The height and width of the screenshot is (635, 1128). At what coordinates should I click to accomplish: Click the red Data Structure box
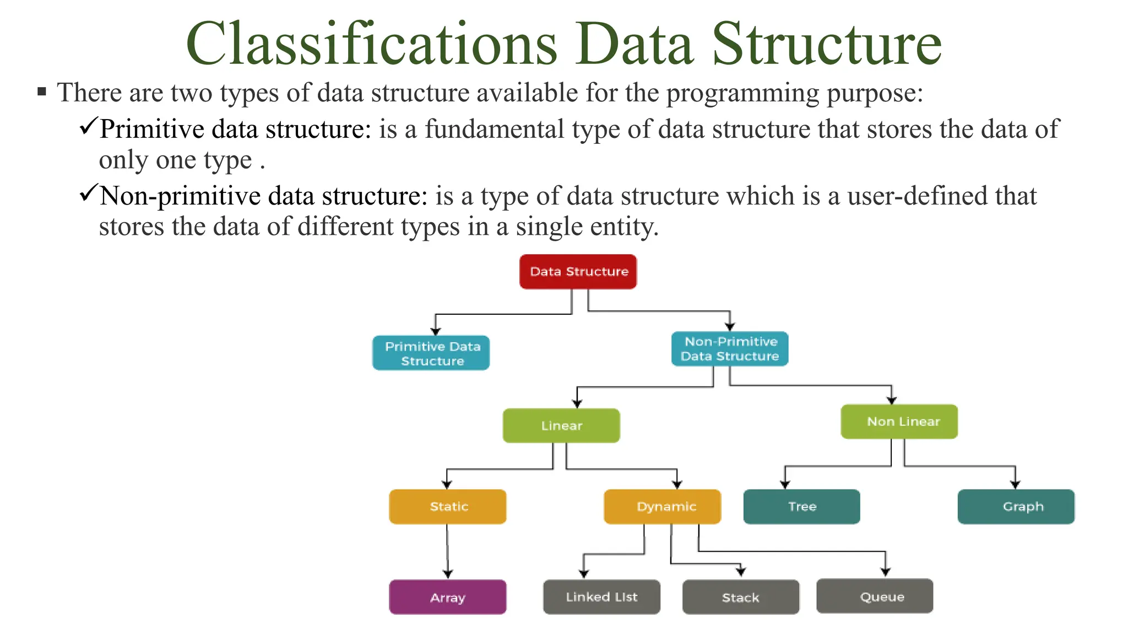[578, 272]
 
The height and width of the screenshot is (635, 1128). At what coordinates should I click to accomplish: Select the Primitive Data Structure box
[431, 353]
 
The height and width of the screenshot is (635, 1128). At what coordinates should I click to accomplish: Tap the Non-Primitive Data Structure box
[730, 349]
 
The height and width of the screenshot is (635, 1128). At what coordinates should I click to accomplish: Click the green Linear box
[561, 426]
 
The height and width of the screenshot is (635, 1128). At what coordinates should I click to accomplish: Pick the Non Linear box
[899, 422]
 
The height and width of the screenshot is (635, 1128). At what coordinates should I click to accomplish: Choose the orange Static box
[448, 507]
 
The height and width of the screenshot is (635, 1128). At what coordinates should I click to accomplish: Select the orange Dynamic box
[663, 507]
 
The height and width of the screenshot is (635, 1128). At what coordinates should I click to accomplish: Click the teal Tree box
[801, 507]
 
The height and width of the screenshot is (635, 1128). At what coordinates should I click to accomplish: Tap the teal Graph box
[1016, 507]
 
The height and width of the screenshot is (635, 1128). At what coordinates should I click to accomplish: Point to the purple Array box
[448, 597]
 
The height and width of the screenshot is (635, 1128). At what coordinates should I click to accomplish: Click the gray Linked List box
[601, 597]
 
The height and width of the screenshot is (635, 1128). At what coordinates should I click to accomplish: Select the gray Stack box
[741, 597]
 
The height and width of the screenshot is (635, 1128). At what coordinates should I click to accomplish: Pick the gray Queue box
[875, 596]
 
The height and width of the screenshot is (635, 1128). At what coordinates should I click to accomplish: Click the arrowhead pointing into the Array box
[448, 574]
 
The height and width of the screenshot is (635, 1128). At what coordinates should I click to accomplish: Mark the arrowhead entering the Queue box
[886, 572]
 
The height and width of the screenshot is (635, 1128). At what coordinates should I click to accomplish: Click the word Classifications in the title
[372, 44]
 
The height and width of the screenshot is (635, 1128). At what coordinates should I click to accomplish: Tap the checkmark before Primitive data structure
[88, 126]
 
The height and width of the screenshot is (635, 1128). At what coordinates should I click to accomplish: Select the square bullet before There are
[42, 92]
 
